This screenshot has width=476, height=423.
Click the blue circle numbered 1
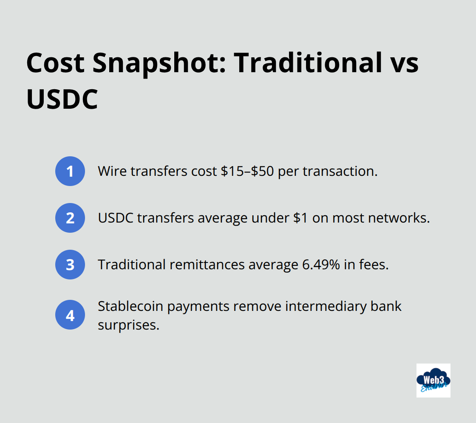(x=70, y=171)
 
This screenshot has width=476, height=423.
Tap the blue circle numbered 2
(x=70, y=218)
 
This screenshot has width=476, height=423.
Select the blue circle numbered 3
(x=70, y=265)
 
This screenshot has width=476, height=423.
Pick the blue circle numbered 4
(x=70, y=316)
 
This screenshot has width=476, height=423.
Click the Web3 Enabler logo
(x=433, y=380)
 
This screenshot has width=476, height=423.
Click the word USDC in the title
(x=62, y=99)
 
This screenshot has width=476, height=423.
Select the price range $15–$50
(x=248, y=171)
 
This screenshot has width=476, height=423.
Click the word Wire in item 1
(x=112, y=171)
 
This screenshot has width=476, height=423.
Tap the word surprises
(x=128, y=325)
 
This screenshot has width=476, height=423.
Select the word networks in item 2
(x=401, y=218)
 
